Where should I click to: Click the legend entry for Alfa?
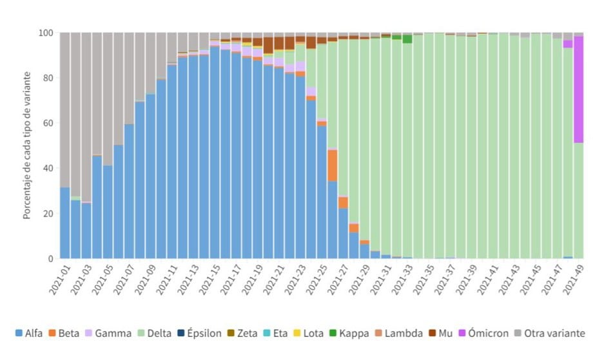29,334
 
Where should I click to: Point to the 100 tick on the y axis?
46,33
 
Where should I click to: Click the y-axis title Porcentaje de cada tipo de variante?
27,146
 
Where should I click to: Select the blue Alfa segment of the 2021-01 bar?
64,223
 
